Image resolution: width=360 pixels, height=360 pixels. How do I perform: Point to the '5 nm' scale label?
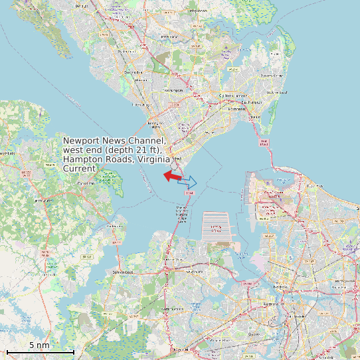(x=39, y=345)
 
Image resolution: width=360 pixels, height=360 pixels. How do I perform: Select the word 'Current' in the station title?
(x=80, y=169)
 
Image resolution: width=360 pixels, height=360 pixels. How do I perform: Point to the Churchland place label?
(x=194, y=271)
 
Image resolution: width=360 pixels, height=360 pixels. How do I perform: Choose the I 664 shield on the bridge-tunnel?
(x=189, y=193)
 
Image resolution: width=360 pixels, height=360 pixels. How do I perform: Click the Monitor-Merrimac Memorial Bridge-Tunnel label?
(x=181, y=213)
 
